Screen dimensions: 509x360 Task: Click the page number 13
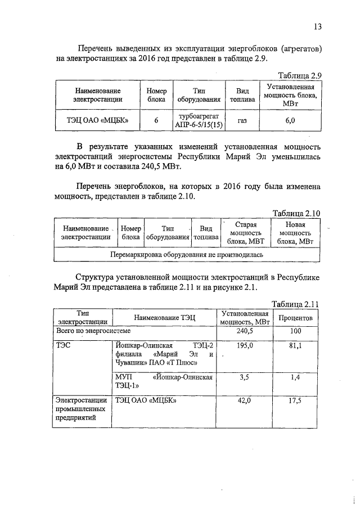tap(317, 26)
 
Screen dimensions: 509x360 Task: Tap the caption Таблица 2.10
tap(296, 213)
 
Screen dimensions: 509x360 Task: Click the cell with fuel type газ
tap(242, 120)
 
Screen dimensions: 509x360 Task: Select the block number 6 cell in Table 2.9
tap(156, 120)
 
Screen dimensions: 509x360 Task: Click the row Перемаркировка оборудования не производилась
tap(186, 254)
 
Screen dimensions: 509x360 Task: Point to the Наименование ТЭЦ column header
tap(164, 318)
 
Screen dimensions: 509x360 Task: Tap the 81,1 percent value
tap(296, 345)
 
